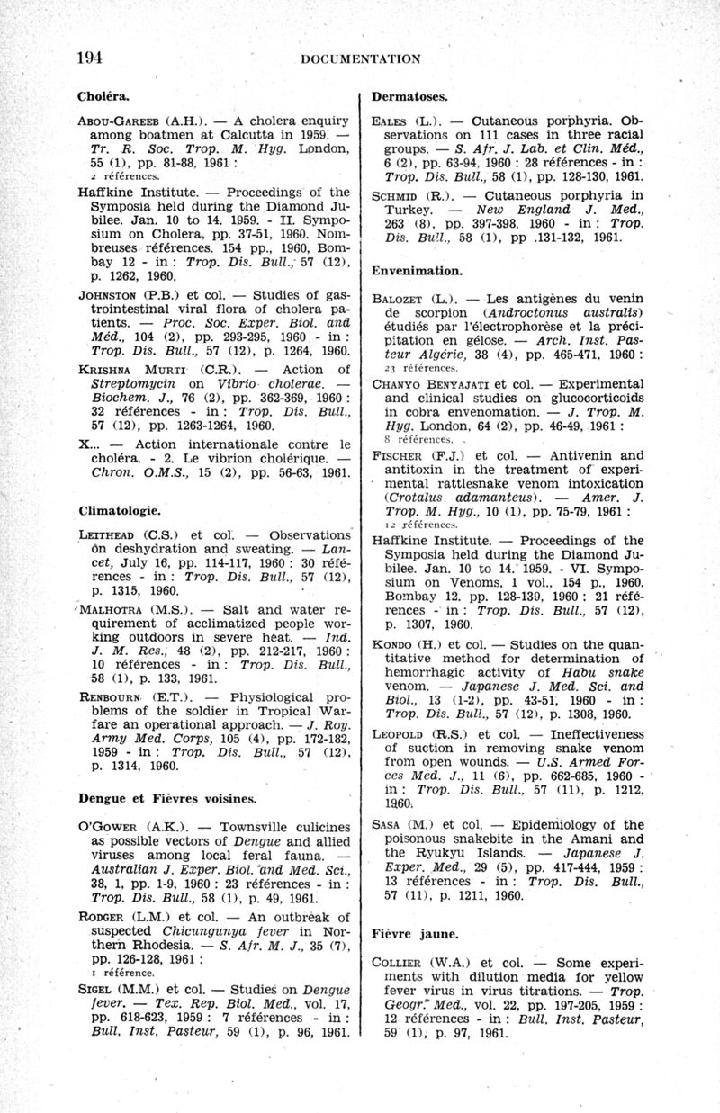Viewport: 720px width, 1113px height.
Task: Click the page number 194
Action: (90, 58)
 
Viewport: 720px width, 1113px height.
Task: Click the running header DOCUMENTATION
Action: (361, 59)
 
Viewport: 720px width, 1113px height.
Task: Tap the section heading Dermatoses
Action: (410, 95)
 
